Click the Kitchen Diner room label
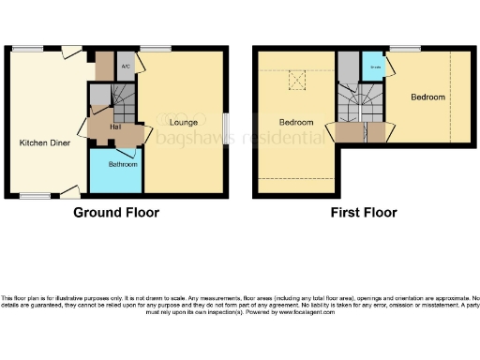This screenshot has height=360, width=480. (x=42, y=143)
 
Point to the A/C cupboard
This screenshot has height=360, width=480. (x=125, y=67)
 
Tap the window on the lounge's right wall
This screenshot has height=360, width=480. (x=225, y=126)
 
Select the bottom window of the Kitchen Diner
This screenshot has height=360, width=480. (x=36, y=196)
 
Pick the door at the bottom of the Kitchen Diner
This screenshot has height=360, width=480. (x=68, y=192)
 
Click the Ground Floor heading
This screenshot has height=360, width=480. (x=116, y=213)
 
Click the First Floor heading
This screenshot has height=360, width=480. (x=363, y=213)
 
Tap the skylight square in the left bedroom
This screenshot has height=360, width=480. (x=298, y=81)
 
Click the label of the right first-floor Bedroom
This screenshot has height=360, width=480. (x=427, y=97)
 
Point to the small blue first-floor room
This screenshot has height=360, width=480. (x=373, y=67)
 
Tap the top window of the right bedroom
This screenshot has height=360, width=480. (x=404, y=48)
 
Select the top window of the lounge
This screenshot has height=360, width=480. (x=157, y=48)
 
